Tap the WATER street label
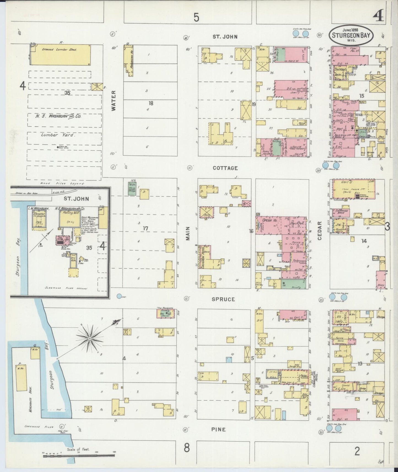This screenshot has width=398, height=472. pyautogui.click(x=114, y=101)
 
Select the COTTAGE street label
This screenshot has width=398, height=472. pyautogui.click(x=225, y=168)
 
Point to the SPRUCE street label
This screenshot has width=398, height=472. pyautogui.click(x=223, y=299)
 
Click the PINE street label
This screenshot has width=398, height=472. pyautogui.click(x=218, y=429)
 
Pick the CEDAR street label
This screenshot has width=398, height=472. pyautogui.click(x=320, y=231)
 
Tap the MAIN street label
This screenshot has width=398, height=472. pyautogui.click(x=188, y=234)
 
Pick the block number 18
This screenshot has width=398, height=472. pyautogui.click(x=151, y=104)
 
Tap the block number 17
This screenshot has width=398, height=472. pyautogui.click(x=145, y=228)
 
